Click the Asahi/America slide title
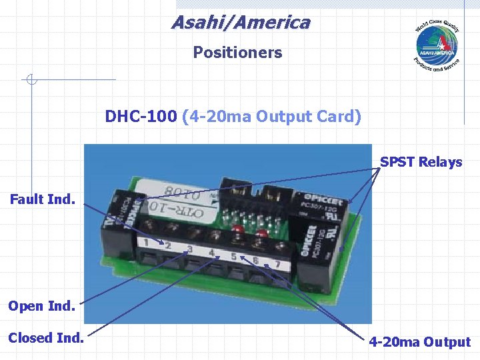click(x=241, y=23)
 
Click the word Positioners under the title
click(x=237, y=53)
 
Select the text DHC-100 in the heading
click(x=141, y=117)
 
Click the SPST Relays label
click(x=421, y=162)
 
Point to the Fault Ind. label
click(x=43, y=199)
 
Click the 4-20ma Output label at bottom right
click(x=420, y=342)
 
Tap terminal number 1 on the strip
click(x=145, y=242)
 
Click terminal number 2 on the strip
click(x=167, y=246)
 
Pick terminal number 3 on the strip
click(x=190, y=249)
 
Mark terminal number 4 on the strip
click(x=212, y=253)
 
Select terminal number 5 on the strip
click(x=234, y=257)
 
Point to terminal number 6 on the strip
click(x=256, y=261)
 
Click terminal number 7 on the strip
click(x=277, y=265)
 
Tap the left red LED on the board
click(x=237, y=230)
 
